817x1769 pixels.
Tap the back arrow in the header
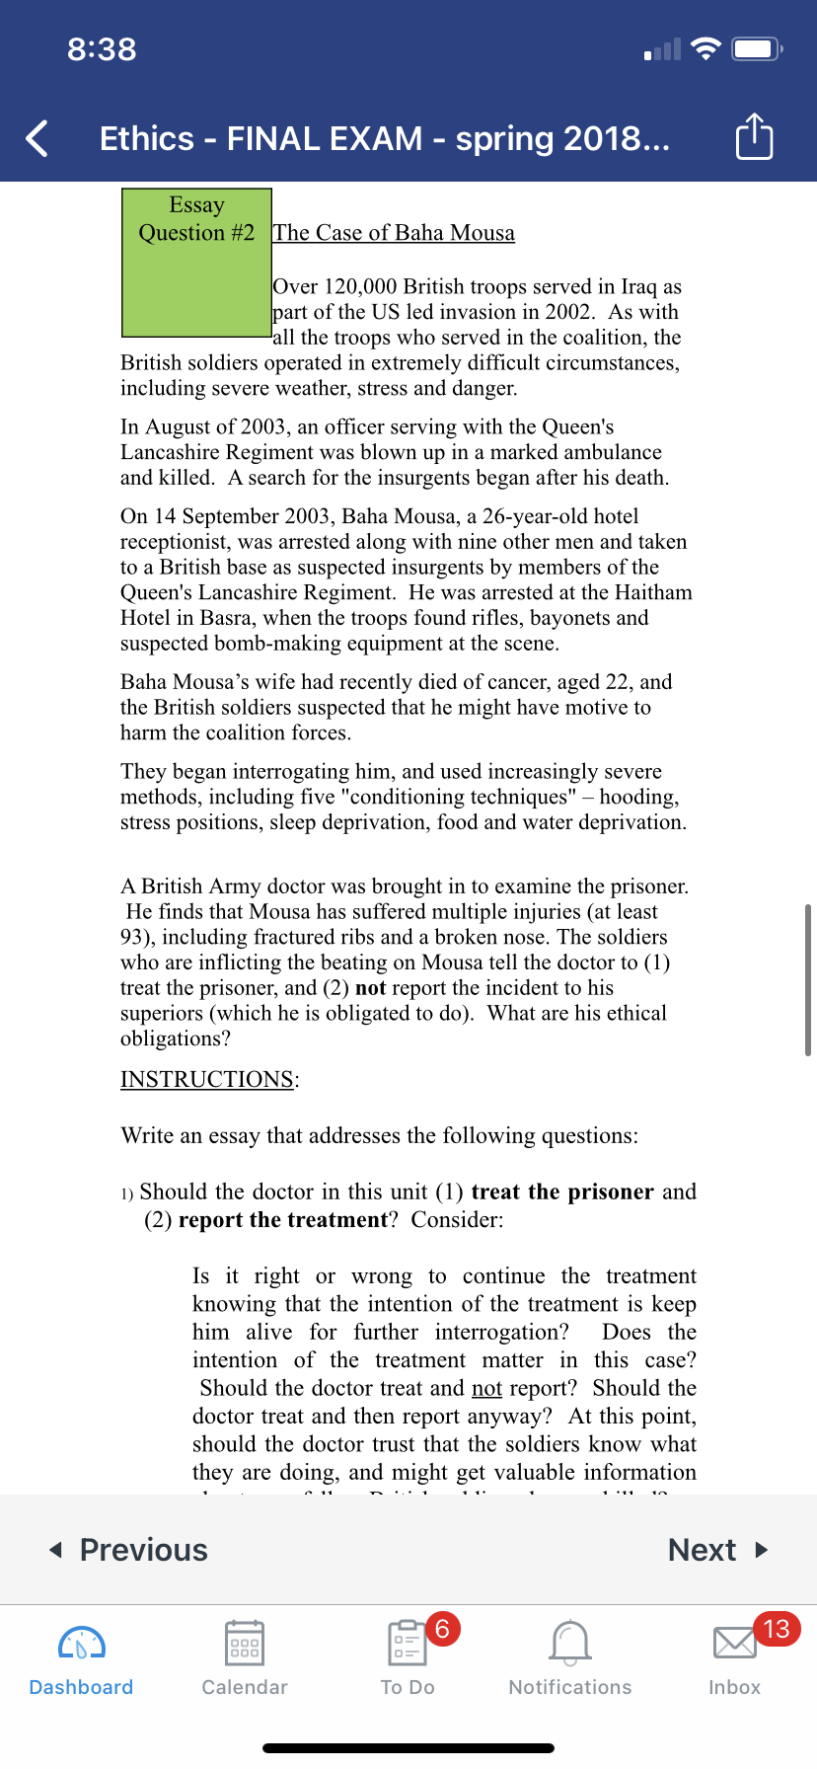click(37, 138)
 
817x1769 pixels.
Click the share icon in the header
click(754, 137)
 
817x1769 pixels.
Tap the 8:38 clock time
click(102, 49)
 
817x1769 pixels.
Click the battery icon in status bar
click(758, 48)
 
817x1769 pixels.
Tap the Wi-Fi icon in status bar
click(706, 48)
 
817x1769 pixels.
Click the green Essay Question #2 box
click(196, 263)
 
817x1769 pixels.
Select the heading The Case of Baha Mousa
click(394, 233)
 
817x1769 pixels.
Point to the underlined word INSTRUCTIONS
click(207, 1079)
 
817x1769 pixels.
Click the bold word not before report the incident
click(370, 988)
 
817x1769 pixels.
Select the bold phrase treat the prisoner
click(562, 1192)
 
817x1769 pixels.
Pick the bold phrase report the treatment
click(283, 1219)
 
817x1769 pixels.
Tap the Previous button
click(129, 1550)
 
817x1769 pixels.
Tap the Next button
click(717, 1550)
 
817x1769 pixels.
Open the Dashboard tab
click(81, 1658)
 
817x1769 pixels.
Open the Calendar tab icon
click(244, 1644)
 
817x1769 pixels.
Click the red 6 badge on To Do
click(442, 1628)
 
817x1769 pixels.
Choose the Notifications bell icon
click(570, 1644)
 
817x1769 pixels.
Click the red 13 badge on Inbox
click(777, 1628)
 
